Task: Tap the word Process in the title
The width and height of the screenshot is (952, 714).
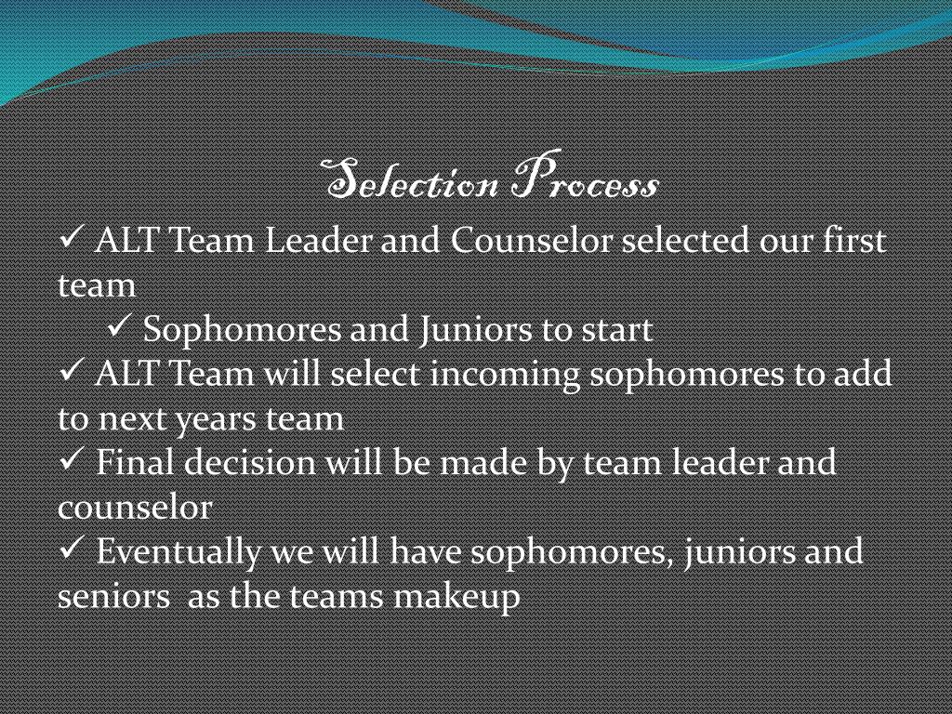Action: (585, 182)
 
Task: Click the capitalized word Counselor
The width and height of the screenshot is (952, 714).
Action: (532, 241)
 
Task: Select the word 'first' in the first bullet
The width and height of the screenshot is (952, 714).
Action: (854, 241)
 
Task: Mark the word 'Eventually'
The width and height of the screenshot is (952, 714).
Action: (179, 552)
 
